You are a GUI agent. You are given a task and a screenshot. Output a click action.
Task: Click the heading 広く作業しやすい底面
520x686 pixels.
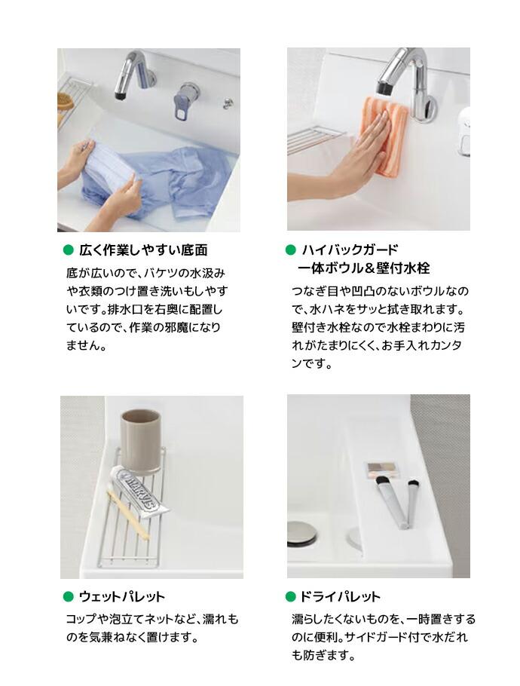(143, 250)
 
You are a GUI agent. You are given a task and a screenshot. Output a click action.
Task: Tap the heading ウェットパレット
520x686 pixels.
(122, 596)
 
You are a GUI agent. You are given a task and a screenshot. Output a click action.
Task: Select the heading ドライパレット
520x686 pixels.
(340, 596)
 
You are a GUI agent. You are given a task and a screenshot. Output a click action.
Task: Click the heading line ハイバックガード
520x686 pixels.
(350, 250)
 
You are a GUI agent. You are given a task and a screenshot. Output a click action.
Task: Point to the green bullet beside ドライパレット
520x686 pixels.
(290, 596)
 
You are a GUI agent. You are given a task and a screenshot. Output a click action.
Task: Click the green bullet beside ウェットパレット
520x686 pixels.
(69, 596)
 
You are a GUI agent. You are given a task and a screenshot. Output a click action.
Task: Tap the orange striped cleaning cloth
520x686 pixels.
(385, 136)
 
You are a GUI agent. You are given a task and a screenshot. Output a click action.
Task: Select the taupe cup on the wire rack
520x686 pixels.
(141, 441)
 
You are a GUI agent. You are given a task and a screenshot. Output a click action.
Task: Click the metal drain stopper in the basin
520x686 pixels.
(301, 534)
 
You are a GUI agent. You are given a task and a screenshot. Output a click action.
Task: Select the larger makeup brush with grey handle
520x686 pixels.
(390, 502)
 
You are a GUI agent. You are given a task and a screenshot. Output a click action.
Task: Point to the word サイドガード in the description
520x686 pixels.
(375, 637)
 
